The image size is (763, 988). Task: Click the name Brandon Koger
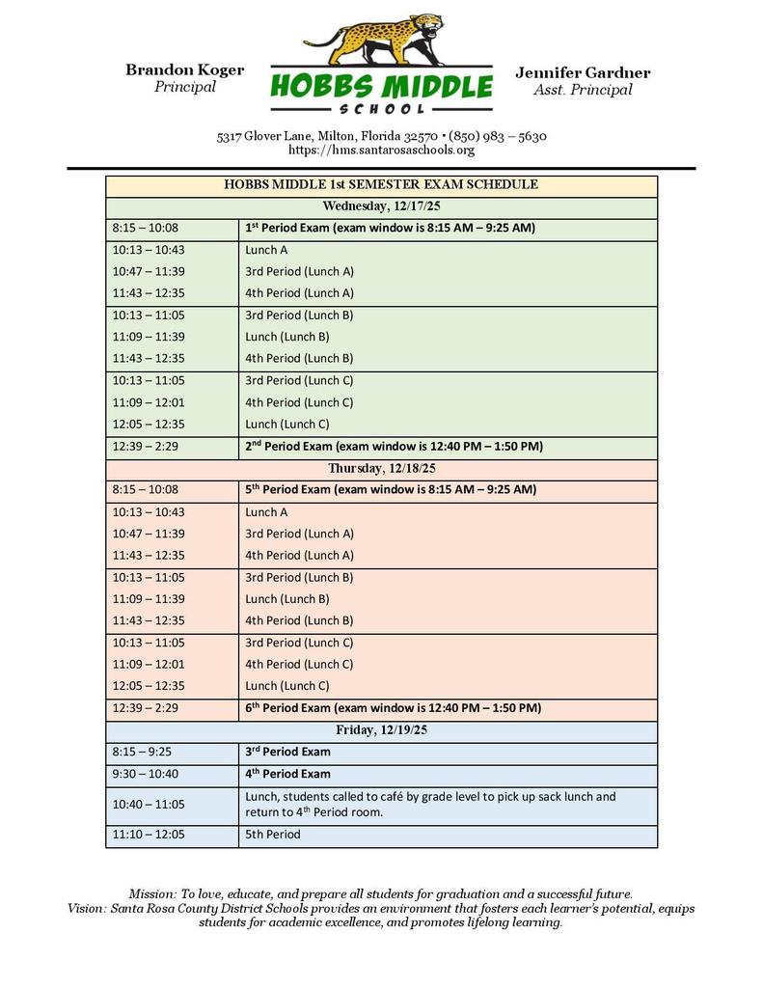point(184,69)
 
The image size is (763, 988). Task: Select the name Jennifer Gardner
point(583,72)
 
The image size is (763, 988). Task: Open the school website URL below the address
point(381,151)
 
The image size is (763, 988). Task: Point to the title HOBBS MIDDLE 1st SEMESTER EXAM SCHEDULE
point(381,184)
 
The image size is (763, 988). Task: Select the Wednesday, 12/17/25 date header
point(381,206)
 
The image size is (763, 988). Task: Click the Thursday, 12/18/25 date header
point(381,468)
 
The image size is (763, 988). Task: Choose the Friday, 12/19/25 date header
point(381,730)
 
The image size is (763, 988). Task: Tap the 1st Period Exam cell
point(390,228)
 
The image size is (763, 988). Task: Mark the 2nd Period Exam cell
point(394,447)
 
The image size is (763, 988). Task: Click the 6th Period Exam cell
point(393,708)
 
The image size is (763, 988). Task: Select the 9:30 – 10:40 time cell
point(145,774)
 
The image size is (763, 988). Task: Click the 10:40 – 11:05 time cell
point(149,804)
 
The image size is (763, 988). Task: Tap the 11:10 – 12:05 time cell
point(149,835)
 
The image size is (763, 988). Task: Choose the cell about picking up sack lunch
point(429,804)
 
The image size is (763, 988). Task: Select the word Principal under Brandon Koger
point(184,87)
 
